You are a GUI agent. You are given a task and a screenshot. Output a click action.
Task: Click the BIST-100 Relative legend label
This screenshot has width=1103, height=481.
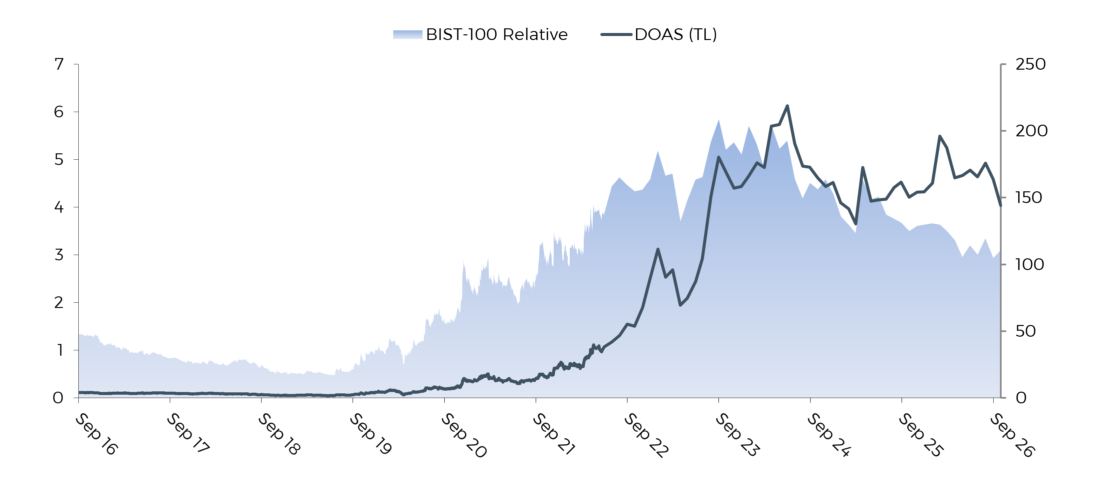[x=497, y=34]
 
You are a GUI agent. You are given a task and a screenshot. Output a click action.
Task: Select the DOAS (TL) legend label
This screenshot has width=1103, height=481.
[x=676, y=34]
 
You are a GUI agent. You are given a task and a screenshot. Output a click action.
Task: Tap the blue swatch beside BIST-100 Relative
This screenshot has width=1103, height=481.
[x=408, y=35]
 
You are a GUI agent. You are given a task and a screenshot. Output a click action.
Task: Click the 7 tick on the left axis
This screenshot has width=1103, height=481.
[x=59, y=64]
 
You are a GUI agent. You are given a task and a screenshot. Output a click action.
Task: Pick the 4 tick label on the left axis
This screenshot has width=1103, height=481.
[x=59, y=207]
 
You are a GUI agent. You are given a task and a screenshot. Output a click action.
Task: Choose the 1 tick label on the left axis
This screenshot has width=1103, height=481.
[x=60, y=350]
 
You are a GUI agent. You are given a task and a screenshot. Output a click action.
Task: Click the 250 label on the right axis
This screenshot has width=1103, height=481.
[x=1031, y=64]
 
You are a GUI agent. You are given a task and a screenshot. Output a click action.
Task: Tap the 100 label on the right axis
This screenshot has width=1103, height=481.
[x=1029, y=264]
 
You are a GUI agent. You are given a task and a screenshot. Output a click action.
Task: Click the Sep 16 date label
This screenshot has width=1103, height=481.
[x=96, y=434]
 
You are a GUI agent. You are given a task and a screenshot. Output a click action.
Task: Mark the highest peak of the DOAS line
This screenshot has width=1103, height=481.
[x=787, y=106]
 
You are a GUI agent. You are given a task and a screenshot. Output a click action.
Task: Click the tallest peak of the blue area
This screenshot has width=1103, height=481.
[x=719, y=120]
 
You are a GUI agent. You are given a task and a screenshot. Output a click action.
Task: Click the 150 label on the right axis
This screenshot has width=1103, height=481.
[x=1029, y=198]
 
